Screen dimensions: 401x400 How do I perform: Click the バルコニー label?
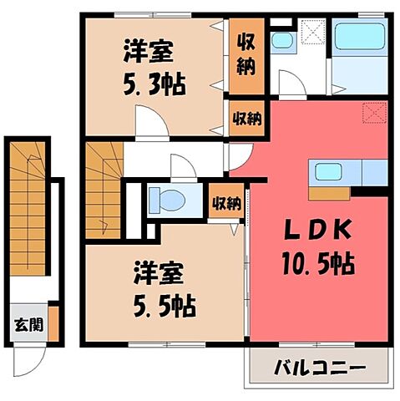coord(318,367)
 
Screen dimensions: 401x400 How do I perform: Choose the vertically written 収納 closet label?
coord(246,54)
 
